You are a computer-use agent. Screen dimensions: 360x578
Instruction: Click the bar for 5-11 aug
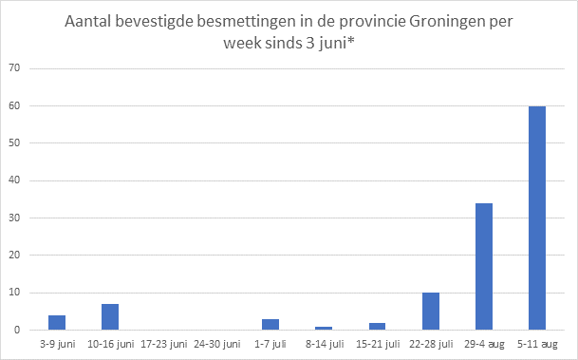[537, 218]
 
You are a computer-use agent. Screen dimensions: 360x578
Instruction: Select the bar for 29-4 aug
[483, 267]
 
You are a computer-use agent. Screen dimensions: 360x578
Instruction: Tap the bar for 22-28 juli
[430, 312]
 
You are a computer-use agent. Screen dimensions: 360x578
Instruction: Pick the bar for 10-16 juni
[109, 317]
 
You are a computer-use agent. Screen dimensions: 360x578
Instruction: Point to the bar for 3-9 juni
[56, 323]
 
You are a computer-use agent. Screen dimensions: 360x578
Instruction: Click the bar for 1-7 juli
[270, 325]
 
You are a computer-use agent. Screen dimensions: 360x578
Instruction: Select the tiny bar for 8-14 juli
[323, 329]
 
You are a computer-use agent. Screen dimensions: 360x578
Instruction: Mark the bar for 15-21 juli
[377, 327]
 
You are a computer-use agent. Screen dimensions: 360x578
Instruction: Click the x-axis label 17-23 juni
[162, 346]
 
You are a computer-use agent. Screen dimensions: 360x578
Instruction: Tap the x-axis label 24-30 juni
[216, 346]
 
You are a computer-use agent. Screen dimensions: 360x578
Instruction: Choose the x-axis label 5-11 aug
[537, 346]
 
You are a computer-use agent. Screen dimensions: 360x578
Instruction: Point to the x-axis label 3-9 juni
[56, 346]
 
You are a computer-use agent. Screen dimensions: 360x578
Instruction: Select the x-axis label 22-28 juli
[430, 346]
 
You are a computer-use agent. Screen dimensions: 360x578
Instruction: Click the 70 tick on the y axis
[14, 68]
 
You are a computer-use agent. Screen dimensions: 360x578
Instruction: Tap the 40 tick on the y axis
[14, 180]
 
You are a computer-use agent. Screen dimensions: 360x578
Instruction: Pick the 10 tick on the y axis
[14, 293]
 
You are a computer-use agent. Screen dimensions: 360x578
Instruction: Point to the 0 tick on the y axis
[17, 331]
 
